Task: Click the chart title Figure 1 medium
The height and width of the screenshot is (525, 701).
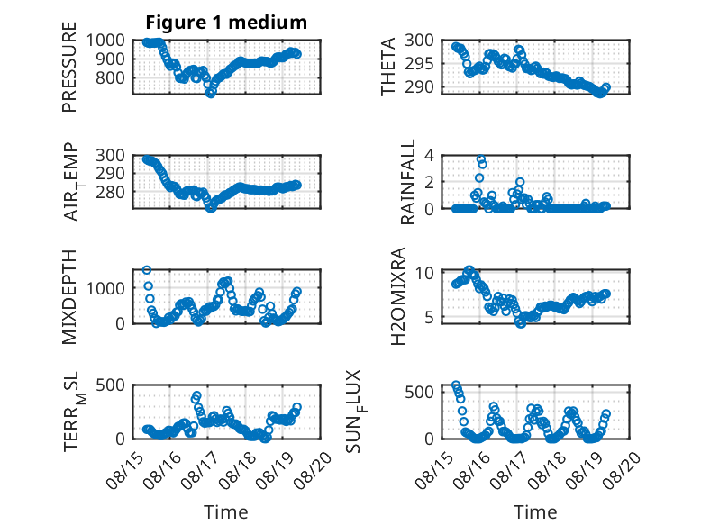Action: [x=226, y=22]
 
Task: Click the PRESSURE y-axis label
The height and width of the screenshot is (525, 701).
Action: [x=69, y=67]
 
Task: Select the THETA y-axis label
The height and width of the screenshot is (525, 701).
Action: [x=388, y=67]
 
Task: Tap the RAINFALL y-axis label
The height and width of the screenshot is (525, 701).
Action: [x=408, y=181]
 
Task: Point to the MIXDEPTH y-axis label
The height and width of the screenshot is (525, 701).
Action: [x=69, y=297]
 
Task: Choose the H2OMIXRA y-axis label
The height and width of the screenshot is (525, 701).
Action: [x=397, y=296]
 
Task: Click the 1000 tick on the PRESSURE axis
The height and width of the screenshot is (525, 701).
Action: [x=105, y=41]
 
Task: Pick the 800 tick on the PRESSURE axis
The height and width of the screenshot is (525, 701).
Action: [x=111, y=77]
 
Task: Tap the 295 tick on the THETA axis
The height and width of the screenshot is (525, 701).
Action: [x=419, y=64]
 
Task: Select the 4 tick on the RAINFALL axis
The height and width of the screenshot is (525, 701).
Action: [x=430, y=156]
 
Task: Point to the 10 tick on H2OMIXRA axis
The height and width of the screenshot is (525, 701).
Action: [x=424, y=273]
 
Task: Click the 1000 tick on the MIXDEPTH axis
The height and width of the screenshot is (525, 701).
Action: [x=105, y=289]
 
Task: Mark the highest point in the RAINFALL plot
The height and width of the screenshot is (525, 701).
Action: [x=480, y=159]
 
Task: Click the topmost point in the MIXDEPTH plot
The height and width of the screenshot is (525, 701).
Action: [x=147, y=270]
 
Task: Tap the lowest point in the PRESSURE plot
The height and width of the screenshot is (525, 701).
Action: [x=211, y=93]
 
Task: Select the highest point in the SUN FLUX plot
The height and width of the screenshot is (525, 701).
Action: [x=456, y=385]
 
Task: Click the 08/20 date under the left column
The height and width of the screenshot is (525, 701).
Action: [x=316, y=468]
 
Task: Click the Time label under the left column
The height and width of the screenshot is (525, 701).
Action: [x=226, y=511]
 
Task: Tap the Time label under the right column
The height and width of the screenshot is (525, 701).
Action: [x=535, y=511]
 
